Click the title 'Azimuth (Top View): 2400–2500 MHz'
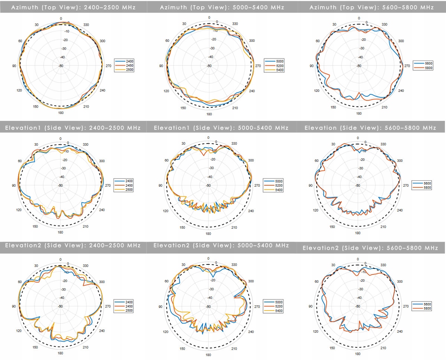point(73,7)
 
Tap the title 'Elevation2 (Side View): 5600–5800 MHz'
point(370,248)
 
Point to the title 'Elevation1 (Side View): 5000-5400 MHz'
point(221,128)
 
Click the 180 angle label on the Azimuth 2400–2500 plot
point(61,113)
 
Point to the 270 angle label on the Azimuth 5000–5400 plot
point(258,66)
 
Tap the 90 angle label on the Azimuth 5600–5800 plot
point(311,66)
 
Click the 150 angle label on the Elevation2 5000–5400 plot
point(183,349)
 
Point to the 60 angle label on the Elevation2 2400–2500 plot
point(20,282)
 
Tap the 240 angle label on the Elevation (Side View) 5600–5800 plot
point(400,210)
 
